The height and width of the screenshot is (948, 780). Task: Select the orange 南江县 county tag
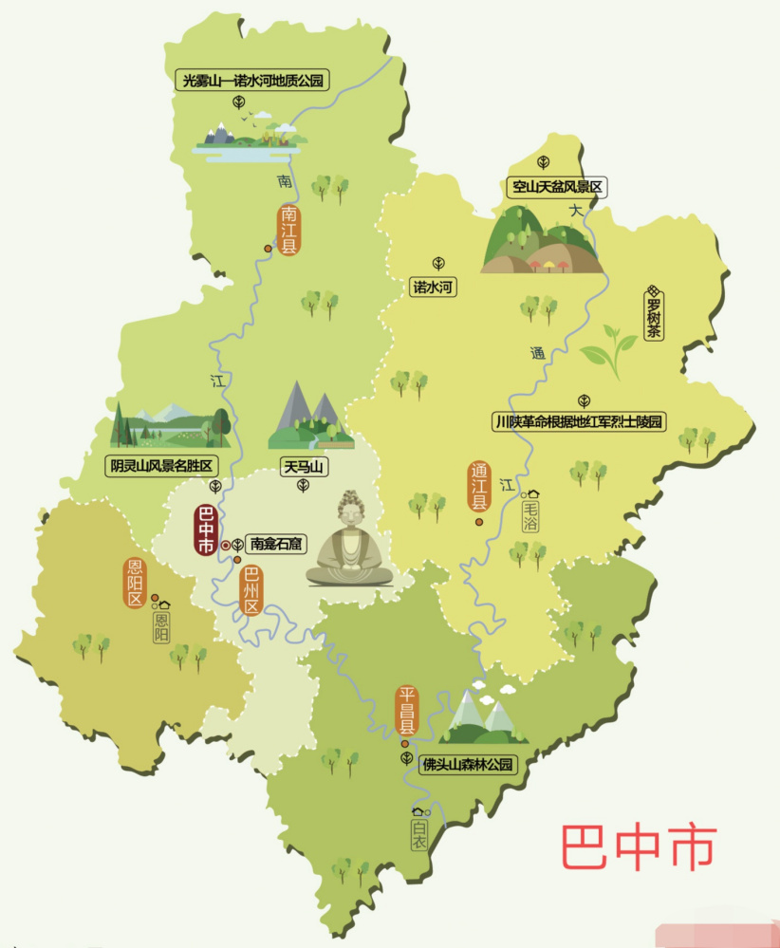[288, 229]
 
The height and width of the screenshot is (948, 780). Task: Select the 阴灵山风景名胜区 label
[161, 466]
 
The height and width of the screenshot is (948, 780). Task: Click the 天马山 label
[304, 466]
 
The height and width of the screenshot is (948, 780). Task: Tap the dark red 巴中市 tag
[206, 530]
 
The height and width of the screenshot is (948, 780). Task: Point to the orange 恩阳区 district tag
[135, 583]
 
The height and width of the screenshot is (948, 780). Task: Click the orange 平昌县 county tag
[407, 712]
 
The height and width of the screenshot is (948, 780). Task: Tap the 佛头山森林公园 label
[469, 764]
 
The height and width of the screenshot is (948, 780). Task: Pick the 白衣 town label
[419, 833]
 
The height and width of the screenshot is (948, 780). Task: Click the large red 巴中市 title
[637, 847]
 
